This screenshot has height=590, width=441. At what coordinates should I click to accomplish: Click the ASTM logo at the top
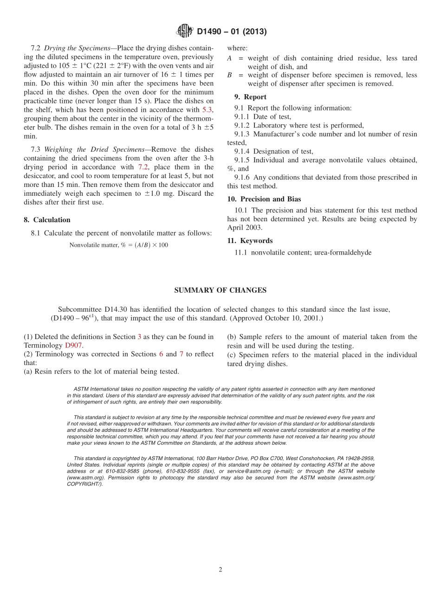coord(185,32)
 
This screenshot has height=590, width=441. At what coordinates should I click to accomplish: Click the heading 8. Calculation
coord(47,220)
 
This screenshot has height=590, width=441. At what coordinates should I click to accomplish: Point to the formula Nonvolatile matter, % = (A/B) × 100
coord(119,245)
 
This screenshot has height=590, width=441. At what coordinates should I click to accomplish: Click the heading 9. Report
coord(250,97)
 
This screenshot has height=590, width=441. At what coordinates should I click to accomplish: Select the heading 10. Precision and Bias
coord(264,199)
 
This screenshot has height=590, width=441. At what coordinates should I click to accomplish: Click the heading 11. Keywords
coord(250,241)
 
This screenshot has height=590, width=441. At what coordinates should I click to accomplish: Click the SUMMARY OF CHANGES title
coord(220,290)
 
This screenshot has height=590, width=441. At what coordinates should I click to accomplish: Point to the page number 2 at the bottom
coord(220,570)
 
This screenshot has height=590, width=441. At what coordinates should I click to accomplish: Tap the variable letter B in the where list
coord(229,75)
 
